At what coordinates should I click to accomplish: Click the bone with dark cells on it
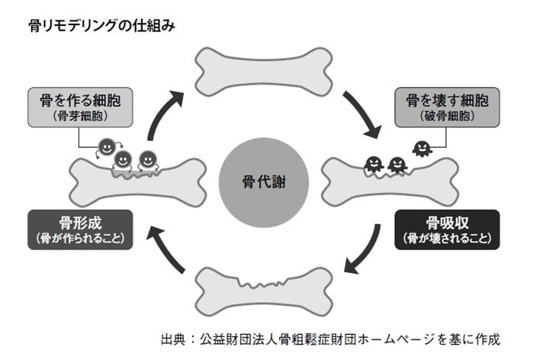click(x=396, y=178)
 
